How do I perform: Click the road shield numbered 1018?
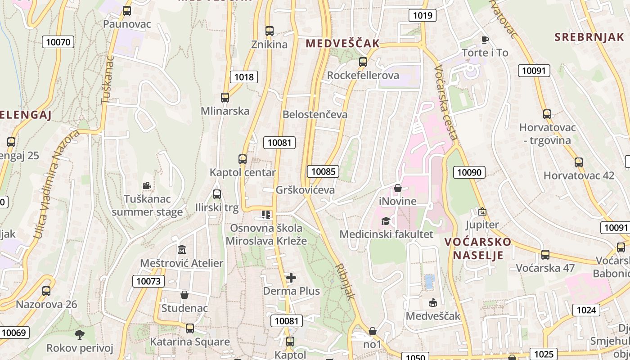[244, 77]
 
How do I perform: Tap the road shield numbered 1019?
[423, 15]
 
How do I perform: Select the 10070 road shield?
[58, 42]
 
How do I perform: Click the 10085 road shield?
[323, 171]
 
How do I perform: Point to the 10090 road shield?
[469, 172]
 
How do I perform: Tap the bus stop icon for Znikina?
[270, 31]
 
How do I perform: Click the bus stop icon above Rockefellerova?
[363, 62]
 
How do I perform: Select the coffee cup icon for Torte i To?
[485, 40]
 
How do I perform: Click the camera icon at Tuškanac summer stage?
[147, 185]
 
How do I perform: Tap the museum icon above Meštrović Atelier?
[182, 249]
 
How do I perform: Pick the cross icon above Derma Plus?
[291, 278]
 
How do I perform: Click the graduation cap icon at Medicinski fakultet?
[386, 221]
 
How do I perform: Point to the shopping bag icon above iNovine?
[397, 188]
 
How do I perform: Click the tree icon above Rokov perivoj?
[80, 334]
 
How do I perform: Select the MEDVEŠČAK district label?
[342, 44]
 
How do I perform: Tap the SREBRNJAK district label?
[589, 37]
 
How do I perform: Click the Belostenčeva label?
[315, 114]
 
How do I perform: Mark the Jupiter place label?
[482, 225]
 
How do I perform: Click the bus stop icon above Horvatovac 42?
[579, 162]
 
